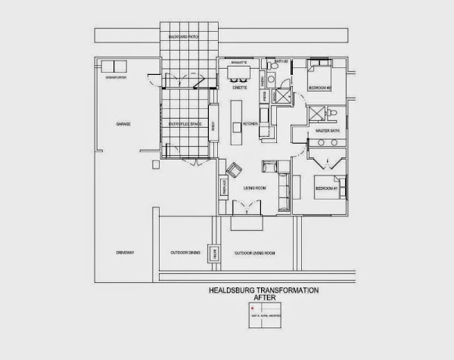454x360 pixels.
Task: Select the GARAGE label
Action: coord(123,123)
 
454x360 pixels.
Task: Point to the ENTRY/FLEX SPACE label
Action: coord(183,123)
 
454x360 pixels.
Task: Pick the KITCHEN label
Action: coord(251,123)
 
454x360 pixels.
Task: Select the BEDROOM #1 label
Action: coord(326,188)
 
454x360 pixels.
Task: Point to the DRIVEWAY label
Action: coord(125,253)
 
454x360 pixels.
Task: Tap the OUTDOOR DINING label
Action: coord(184,253)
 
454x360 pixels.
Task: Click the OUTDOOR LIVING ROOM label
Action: coord(254,253)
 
